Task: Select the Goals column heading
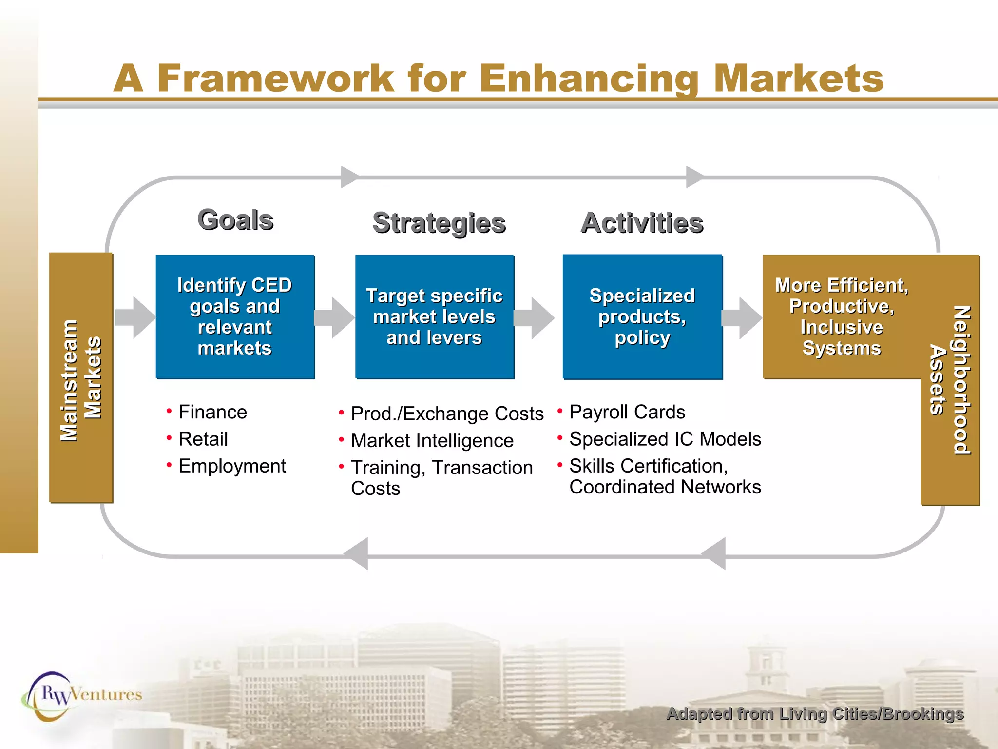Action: (235, 220)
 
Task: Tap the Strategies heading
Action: (439, 223)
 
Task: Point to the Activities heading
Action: (642, 223)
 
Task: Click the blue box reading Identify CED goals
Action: (235, 316)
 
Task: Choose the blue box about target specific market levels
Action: (434, 316)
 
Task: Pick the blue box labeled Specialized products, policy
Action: (642, 316)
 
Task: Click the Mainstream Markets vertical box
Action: (81, 378)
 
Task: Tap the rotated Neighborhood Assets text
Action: (950, 380)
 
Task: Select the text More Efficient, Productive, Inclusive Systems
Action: (842, 316)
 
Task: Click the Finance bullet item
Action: (212, 413)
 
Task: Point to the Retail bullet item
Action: (203, 439)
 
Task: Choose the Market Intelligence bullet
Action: (432, 441)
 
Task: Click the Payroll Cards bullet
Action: (627, 413)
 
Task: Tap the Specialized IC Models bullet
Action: (665, 439)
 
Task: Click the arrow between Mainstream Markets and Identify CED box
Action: (135, 317)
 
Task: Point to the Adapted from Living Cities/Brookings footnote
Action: (815, 714)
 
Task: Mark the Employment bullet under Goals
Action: (232, 466)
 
